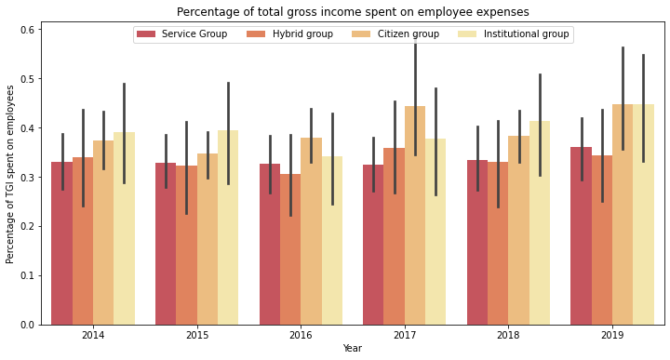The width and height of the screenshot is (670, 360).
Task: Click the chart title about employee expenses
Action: pyautogui.click(x=353, y=12)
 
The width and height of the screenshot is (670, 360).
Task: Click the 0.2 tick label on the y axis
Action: pyautogui.click(x=27, y=226)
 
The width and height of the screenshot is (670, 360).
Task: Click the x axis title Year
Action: pyautogui.click(x=353, y=349)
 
